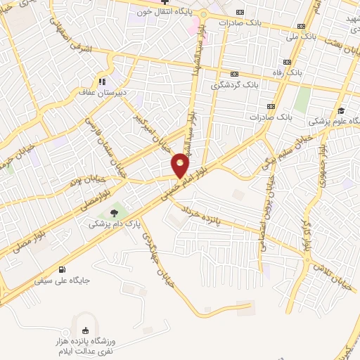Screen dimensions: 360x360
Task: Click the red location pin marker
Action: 181,165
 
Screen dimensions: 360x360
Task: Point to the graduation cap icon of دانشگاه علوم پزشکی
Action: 340,110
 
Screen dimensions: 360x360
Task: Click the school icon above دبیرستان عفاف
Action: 103,80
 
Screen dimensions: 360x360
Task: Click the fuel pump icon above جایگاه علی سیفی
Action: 63,269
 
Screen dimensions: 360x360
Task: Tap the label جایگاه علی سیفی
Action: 63,280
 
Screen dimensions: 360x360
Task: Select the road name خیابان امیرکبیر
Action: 153,127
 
